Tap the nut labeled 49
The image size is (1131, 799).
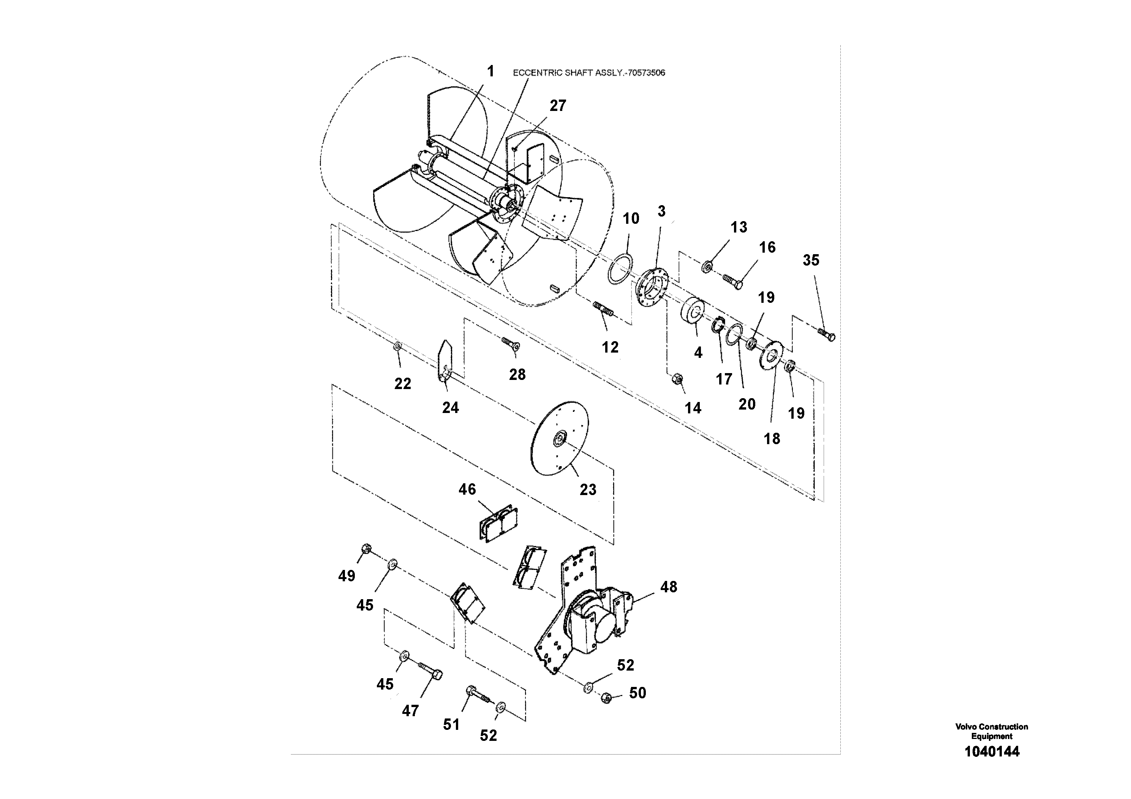[365, 548]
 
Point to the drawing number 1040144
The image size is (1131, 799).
[991, 752]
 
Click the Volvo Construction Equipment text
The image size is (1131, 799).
[991, 731]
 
